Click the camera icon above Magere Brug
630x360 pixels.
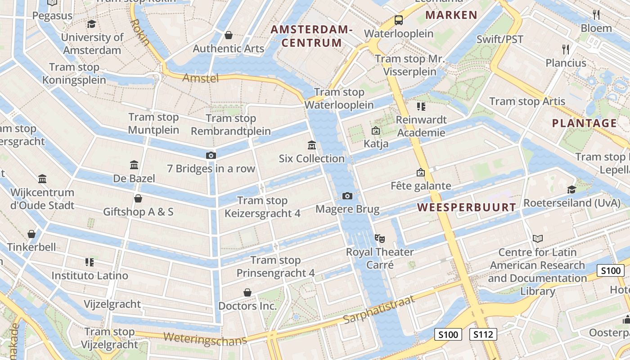[x=347, y=196]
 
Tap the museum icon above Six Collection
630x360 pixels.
[x=311, y=145]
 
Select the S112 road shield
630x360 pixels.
[x=483, y=334]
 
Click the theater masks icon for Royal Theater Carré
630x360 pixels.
[x=380, y=238]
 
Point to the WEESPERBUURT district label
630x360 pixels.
[x=466, y=207]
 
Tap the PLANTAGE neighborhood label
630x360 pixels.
[x=585, y=123]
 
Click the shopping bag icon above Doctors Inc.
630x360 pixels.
[x=247, y=292]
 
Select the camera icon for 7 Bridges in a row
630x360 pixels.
[x=211, y=155]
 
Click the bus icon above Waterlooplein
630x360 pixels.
[x=399, y=20]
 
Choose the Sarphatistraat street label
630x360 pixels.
[x=378, y=310]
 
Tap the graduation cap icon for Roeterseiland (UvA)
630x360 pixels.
[x=571, y=189]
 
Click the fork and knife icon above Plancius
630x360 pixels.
[x=566, y=49]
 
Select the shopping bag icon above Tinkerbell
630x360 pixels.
[x=31, y=234]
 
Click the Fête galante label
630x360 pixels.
[x=421, y=185]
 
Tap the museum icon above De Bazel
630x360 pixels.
[x=134, y=165]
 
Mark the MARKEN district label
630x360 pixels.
[x=451, y=15]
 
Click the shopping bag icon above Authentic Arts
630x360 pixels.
[x=229, y=35]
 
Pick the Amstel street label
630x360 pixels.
[x=201, y=78]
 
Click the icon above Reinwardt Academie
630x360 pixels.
[x=421, y=107]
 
